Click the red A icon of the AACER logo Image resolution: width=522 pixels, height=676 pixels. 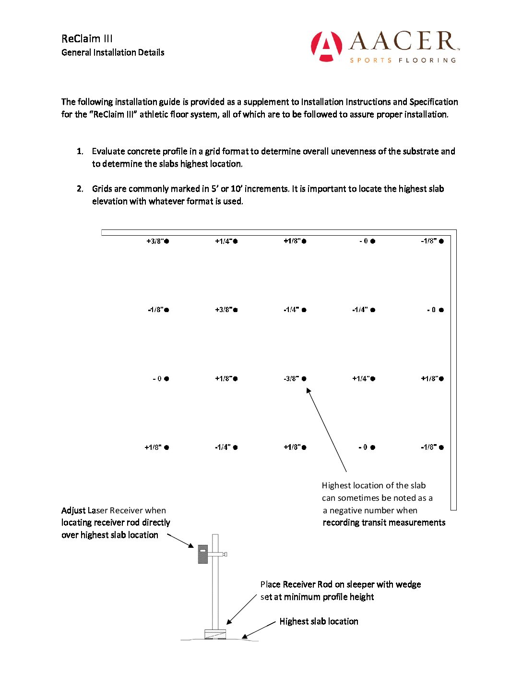point(326,46)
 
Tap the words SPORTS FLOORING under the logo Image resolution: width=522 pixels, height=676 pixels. point(403,60)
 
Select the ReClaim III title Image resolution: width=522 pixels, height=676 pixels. point(87,39)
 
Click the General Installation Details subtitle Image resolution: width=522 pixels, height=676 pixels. point(113,52)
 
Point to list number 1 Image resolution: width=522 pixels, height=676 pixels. point(80,151)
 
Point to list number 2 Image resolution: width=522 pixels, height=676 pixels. point(80,189)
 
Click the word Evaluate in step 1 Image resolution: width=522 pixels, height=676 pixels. point(109,151)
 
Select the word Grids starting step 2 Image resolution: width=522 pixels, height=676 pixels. point(102,189)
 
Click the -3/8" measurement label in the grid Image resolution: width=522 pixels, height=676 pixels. point(291,379)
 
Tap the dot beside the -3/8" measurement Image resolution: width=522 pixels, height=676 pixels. point(304,379)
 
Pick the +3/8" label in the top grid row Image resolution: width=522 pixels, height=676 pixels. point(155,241)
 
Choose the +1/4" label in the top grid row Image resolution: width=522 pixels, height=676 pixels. point(224,241)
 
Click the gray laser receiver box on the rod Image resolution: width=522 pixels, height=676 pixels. point(203,554)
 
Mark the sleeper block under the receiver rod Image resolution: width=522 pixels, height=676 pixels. point(215,634)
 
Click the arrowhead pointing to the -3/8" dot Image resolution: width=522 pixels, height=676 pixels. point(308,391)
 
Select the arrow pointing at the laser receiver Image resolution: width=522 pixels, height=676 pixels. point(181,541)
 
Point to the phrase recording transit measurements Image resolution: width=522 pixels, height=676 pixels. point(384,522)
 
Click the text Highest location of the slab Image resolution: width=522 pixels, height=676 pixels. point(374,485)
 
